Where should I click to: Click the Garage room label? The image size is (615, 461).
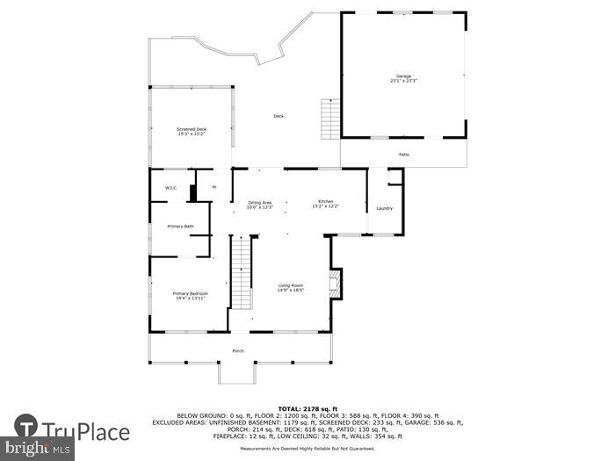[x=403, y=79]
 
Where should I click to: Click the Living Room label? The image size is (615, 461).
[x=291, y=287]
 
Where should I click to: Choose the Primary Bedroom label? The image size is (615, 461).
[x=190, y=295]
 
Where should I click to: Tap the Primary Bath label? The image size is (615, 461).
[x=181, y=227]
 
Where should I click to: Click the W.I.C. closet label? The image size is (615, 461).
[x=171, y=188]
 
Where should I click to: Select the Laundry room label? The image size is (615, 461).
[x=384, y=208]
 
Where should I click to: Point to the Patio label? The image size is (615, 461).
[x=403, y=155]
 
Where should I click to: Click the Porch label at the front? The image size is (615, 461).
[x=237, y=351]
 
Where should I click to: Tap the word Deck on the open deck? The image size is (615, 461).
[x=279, y=116]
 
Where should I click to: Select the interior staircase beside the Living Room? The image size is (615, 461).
[x=242, y=274]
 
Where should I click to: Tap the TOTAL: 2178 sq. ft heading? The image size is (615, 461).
[x=307, y=408]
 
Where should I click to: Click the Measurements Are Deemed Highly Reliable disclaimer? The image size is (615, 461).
[x=307, y=449]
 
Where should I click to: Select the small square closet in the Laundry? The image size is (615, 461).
[x=394, y=176]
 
